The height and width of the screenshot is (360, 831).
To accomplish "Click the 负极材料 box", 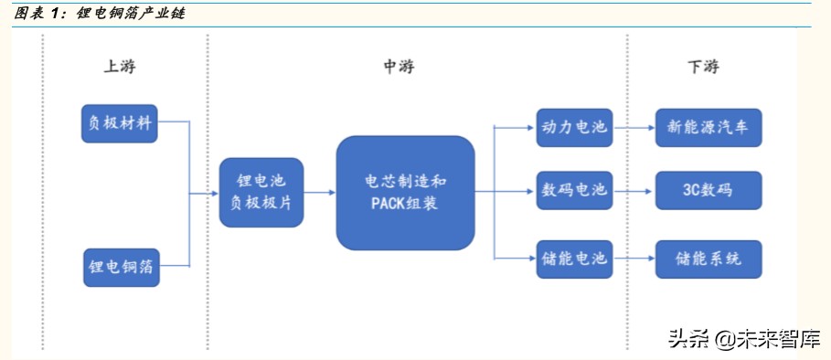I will click(x=120, y=122).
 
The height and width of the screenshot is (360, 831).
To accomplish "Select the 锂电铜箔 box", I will click(x=121, y=267).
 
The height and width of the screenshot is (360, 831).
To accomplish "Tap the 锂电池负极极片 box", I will click(x=261, y=193).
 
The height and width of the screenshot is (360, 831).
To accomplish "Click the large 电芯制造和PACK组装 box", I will click(x=405, y=193).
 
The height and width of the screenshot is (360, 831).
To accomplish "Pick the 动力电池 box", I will click(x=573, y=127).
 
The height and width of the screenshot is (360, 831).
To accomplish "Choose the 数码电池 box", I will click(x=573, y=191).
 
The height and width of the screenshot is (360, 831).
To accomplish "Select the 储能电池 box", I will click(x=573, y=259).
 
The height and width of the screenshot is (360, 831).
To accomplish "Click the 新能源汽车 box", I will click(x=708, y=127).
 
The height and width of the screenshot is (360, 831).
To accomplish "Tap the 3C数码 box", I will click(x=708, y=191).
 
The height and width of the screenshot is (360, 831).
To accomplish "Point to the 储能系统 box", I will click(x=708, y=259).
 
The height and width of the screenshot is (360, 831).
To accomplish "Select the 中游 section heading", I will click(x=398, y=67).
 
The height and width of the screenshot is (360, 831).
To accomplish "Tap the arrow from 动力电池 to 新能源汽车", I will click(x=634, y=127).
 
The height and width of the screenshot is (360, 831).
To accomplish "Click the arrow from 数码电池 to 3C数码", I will click(x=634, y=191).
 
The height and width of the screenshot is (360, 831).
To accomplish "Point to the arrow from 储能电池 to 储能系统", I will click(x=634, y=259).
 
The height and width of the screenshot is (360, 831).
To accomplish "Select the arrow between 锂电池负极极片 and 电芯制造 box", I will click(x=319, y=193).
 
